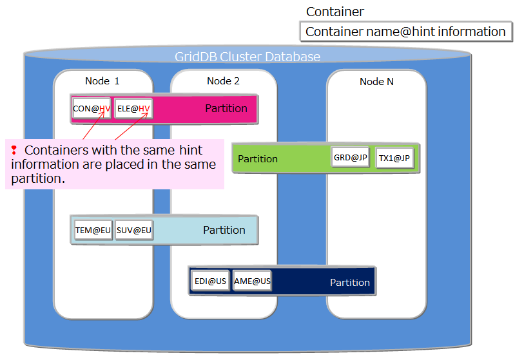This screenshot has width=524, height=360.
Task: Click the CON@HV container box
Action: (92, 109)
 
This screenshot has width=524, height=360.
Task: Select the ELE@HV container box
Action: (133, 109)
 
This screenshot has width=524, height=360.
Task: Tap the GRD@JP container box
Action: (351, 158)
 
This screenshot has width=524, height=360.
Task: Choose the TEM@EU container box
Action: (93, 230)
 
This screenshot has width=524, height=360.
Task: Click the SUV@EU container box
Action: (134, 230)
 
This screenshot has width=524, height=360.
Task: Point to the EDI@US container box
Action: (210, 281)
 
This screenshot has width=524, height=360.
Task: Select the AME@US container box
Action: (252, 281)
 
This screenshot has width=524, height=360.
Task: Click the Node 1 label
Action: (102, 81)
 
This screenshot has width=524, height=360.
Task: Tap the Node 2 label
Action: (223, 81)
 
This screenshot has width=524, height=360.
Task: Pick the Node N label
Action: (376, 82)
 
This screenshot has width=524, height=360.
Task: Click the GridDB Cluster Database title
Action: (247, 57)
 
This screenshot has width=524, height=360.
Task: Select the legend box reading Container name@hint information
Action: (406, 32)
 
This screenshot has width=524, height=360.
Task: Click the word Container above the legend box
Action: (335, 12)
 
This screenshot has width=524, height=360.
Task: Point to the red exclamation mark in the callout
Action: (14, 150)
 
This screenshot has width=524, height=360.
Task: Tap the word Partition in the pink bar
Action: (226, 108)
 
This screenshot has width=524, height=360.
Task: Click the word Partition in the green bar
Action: (258, 158)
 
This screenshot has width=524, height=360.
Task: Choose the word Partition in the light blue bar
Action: (224, 230)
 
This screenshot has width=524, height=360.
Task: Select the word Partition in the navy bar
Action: (350, 282)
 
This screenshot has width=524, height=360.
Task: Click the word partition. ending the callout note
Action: (38, 178)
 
